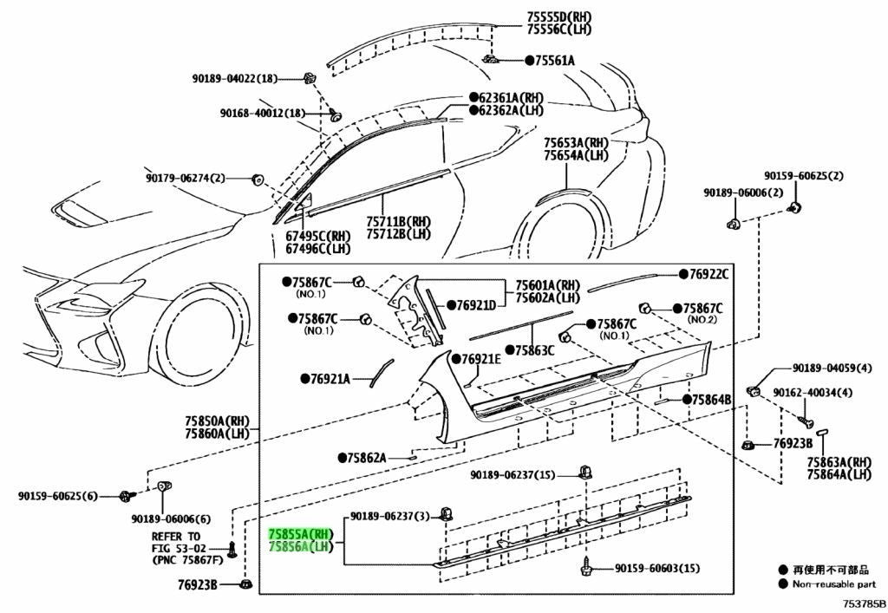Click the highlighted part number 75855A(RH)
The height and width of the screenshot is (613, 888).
click(301, 534)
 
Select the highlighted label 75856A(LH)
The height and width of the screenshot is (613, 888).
click(299, 547)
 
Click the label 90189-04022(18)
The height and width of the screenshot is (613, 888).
click(235, 78)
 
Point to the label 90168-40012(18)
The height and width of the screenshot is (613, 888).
click(262, 114)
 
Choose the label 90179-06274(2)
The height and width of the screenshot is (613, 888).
click(184, 179)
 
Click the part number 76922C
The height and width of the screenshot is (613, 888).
click(708, 275)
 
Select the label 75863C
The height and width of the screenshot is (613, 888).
click(534, 350)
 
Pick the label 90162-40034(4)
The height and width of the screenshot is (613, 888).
click(813, 392)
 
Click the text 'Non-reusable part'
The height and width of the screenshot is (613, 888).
click(834, 584)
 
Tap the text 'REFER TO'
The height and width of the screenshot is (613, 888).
click(176, 536)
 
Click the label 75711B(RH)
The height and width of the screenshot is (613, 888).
click(398, 221)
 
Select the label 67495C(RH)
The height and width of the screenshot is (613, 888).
click(317, 235)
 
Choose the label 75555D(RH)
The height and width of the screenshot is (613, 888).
click(559, 17)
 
